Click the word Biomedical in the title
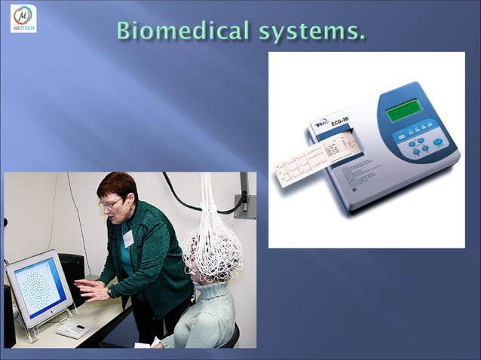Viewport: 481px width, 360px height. click(x=184, y=31)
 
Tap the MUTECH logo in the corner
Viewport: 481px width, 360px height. click(x=23, y=18)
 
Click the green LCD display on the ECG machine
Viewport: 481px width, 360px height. click(x=403, y=111)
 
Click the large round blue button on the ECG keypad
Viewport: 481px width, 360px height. click(x=437, y=142)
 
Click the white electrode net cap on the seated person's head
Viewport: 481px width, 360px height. click(x=212, y=249)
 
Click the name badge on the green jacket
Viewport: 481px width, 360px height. click(x=128, y=238)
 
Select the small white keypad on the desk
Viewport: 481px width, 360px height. click(x=72, y=330)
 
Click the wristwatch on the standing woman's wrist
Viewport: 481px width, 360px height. click(x=110, y=291)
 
